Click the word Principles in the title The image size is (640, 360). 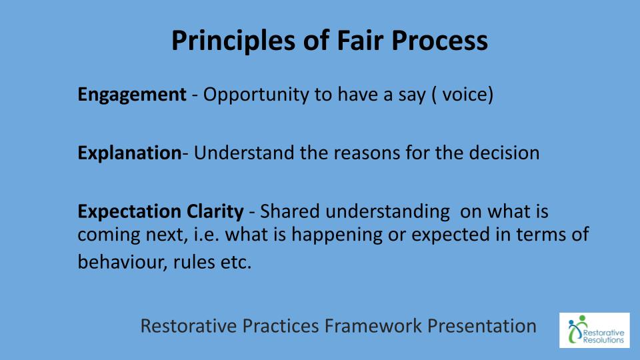click(x=233, y=41)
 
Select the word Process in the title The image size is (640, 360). click(x=439, y=41)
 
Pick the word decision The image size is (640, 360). click(x=504, y=153)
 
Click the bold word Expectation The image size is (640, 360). click(x=129, y=212)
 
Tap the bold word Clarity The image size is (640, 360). click(x=215, y=212)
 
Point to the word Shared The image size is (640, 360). click(x=289, y=211)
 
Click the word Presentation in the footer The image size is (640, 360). click(x=481, y=326)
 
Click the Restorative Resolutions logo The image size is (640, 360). click(x=594, y=330)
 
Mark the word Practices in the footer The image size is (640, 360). click(x=281, y=326)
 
